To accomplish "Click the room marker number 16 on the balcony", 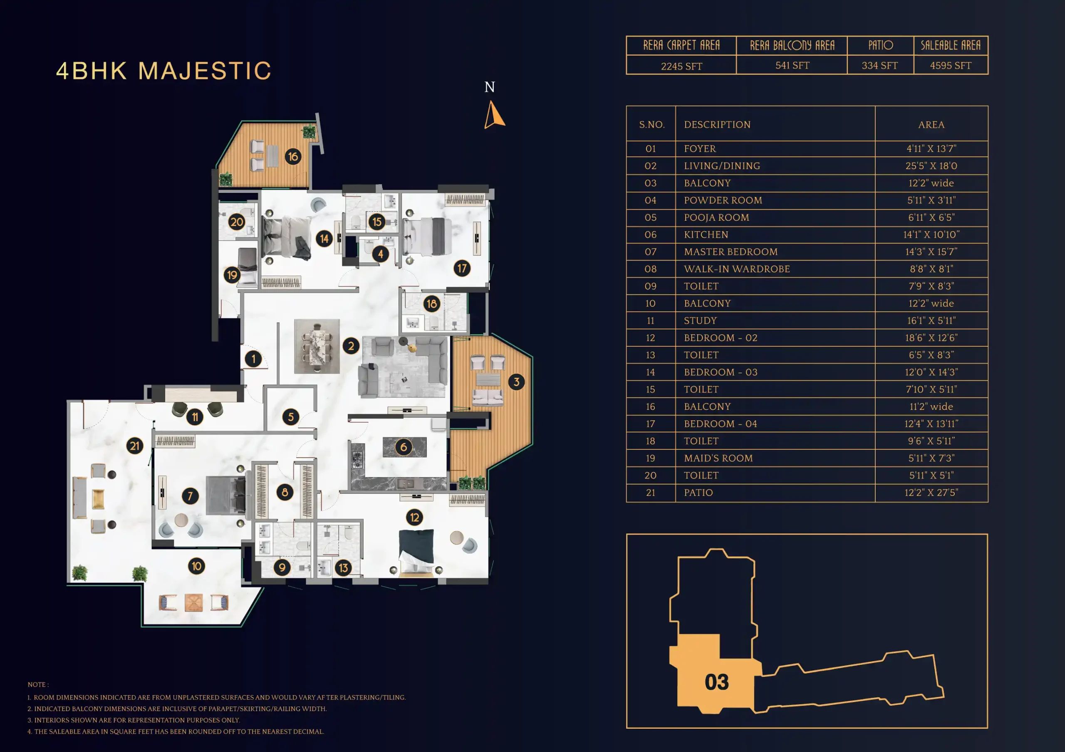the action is pos(293,157).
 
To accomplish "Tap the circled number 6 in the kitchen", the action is pos(404,447).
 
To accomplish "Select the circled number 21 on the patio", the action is pos(134,446).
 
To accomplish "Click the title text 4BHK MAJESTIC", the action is pos(164,71).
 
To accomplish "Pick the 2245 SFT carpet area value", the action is pos(681,66).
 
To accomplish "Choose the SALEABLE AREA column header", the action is pos(951,45).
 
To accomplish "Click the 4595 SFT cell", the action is pos(951,65).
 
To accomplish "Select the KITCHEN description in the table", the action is pos(706,234).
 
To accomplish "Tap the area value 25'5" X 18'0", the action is pos(931,165).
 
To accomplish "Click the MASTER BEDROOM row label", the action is pos(731,252).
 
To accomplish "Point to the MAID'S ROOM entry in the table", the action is pos(718,458).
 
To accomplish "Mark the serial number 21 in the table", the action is pos(650,492).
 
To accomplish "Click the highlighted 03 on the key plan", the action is pos(717,682).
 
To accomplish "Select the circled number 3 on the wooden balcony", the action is pos(516,382).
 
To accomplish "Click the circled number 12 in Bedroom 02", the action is pos(414,518).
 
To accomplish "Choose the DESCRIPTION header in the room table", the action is pos(717,124).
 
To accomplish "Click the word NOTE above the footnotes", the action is pos(37,684).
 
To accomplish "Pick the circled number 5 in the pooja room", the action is pos(291,417).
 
